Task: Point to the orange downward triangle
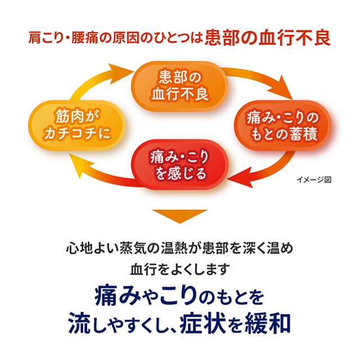(180, 216)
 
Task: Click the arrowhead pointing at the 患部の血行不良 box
(125, 71)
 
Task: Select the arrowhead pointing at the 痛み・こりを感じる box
(237, 178)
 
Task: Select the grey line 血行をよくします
(180, 269)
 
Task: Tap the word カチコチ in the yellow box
(79, 134)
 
